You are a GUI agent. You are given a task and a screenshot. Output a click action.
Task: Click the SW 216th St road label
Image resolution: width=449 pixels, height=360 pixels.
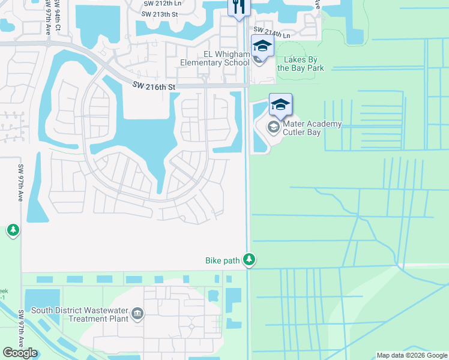[x=154, y=88]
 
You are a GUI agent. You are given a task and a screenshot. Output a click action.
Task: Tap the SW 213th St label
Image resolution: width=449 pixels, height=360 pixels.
[x=160, y=13]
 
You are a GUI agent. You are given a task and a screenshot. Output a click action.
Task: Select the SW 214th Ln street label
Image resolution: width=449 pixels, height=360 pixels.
[x=271, y=32]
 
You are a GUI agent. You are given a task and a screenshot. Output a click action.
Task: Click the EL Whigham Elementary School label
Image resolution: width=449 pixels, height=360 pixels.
[x=215, y=58]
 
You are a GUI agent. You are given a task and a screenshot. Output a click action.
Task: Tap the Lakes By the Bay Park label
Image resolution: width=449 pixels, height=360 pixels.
[x=300, y=64]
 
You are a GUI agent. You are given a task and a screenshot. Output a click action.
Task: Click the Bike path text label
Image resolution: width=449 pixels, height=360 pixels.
[x=223, y=260]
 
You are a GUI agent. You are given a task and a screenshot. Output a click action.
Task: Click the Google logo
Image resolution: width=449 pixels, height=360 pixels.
[x=20, y=353]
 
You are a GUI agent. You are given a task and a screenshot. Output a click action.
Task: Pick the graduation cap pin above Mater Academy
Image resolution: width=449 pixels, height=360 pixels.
[x=280, y=104]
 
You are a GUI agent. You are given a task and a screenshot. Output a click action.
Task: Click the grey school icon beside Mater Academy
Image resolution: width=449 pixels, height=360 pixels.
[x=273, y=127]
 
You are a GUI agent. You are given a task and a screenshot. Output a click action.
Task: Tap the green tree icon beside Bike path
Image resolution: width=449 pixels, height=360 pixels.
[x=249, y=260]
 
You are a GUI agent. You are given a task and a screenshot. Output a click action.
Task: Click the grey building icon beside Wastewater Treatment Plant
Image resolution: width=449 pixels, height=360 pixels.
[x=137, y=314]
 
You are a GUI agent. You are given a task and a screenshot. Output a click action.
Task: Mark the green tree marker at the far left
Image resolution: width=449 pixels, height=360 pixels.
[x=13, y=230]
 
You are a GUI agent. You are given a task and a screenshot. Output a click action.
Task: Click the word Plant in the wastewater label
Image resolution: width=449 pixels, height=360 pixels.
[x=117, y=319]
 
